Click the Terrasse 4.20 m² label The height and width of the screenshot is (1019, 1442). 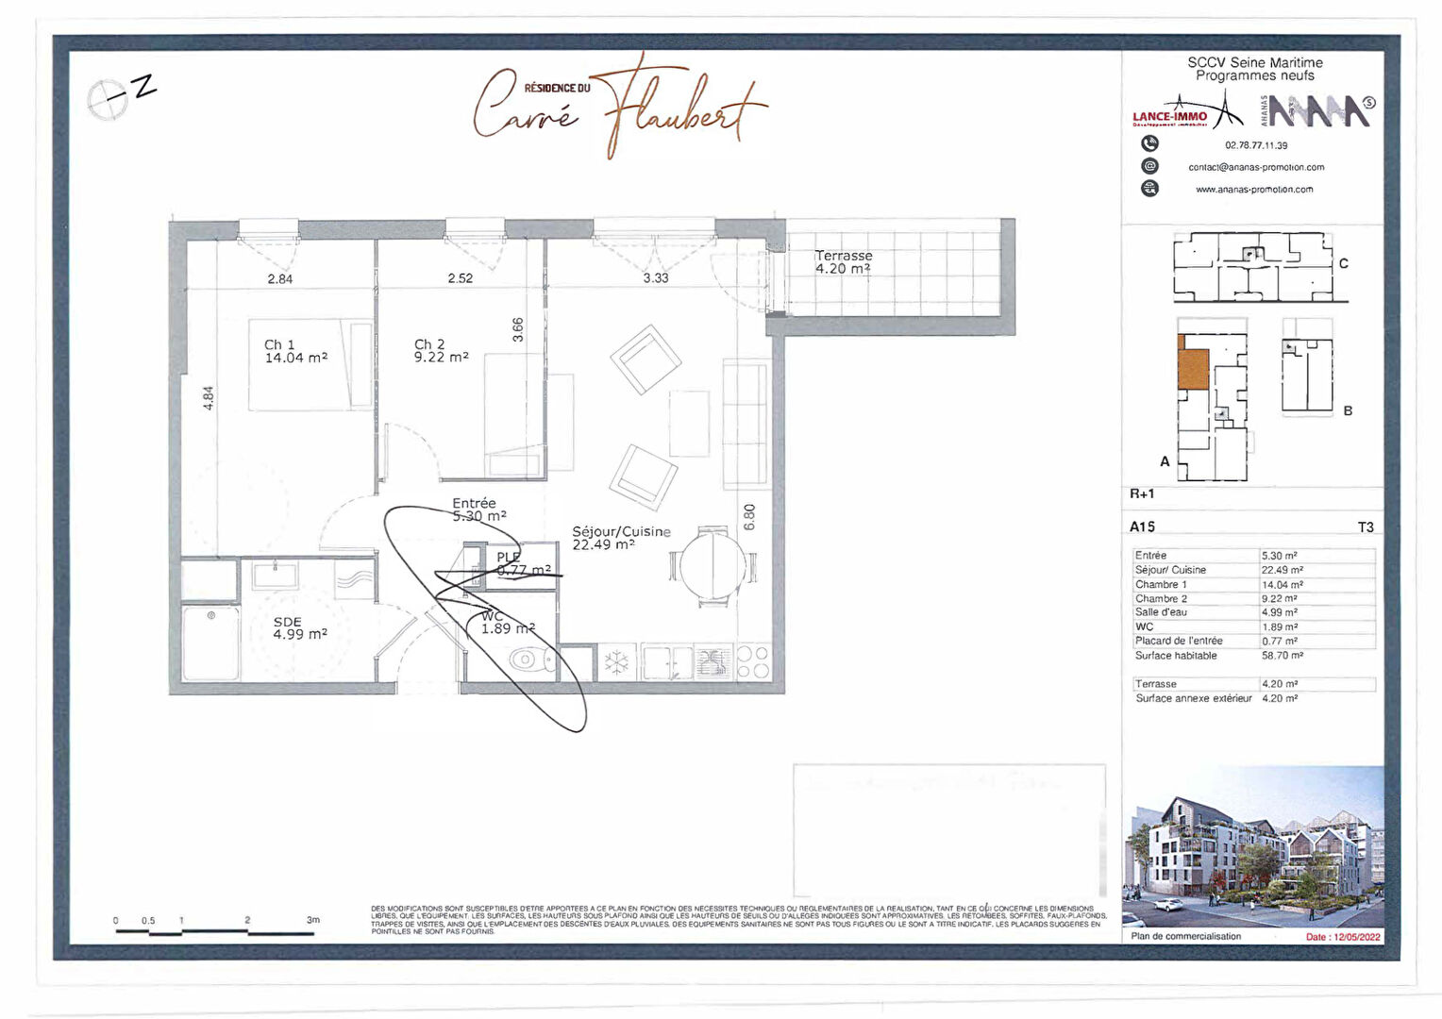coord(844,262)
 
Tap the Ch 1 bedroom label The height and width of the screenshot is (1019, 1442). coord(295,351)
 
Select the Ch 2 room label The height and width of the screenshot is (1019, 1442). coord(441,351)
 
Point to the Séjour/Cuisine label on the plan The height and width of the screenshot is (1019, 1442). coord(621,538)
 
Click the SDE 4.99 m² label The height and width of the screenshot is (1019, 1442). coord(299,628)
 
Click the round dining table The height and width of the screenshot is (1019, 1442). coord(713,565)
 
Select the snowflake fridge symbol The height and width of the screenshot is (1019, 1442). coord(616,662)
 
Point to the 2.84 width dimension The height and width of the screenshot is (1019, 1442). coord(280,278)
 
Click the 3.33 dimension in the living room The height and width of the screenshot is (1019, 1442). coord(656,278)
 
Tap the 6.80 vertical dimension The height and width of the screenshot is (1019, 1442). coord(749,517)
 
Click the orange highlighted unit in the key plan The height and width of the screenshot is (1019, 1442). coord(1193,369)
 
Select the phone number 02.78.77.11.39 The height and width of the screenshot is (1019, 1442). coord(1256,145)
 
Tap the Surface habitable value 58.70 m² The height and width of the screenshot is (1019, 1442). coord(1282,655)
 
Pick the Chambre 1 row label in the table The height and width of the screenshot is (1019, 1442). coord(1161,585)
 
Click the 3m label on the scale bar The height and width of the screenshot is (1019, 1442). coord(312,920)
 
